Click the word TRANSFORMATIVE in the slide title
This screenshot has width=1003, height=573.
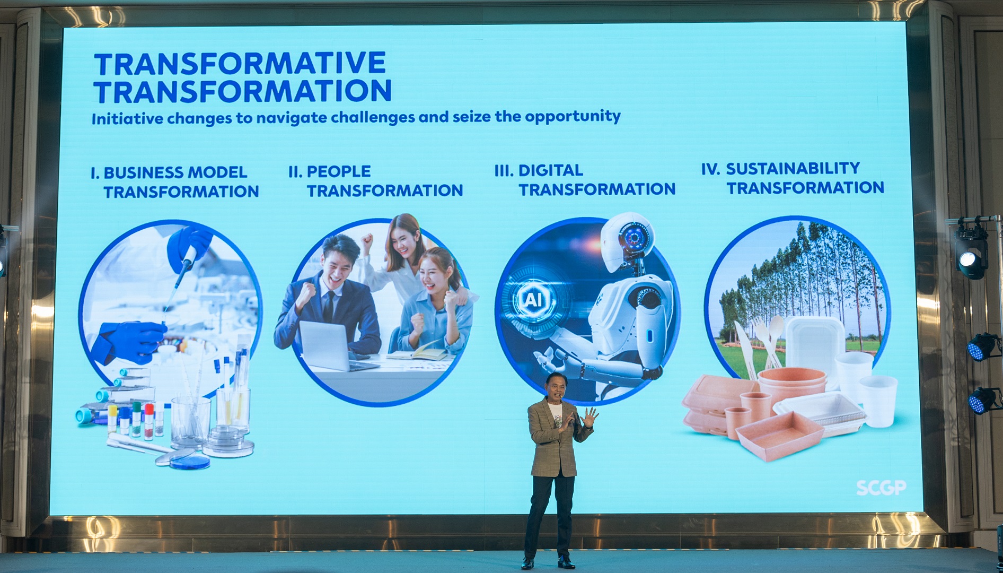(x=240, y=64)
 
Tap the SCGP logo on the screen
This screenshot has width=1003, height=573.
(x=881, y=488)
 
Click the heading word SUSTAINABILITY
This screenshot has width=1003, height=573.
(x=793, y=169)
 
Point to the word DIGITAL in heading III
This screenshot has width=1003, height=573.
(x=550, y=170)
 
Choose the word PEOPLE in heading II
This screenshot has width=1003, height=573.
(x=339, y=171)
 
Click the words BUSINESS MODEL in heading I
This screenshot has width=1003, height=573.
(x=175, y=172)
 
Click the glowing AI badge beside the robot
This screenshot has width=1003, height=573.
(x=532, y=300)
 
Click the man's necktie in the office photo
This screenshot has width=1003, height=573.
(x=329, y=306)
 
